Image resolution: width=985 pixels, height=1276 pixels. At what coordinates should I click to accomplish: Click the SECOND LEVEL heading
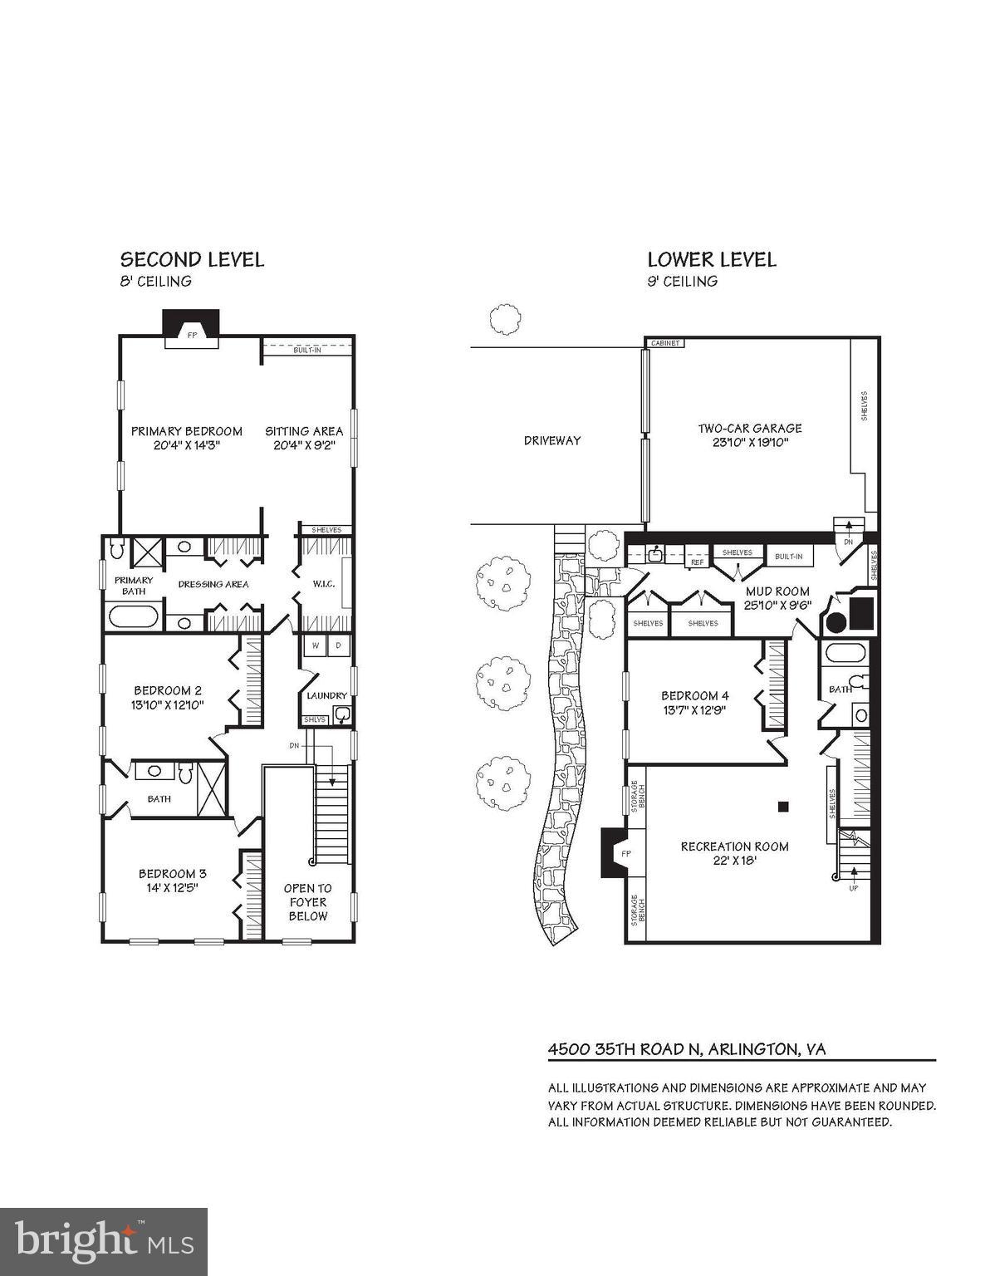[x=192, y=260]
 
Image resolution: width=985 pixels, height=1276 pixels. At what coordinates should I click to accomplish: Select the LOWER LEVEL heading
[x=712, y=260]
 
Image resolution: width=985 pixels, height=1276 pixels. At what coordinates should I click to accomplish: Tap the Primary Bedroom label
[x=187, y=431]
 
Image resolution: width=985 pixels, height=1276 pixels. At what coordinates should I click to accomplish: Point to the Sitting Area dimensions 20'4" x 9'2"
[x=304, y=445]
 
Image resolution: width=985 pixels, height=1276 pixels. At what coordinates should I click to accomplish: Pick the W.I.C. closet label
[x=323, y=584]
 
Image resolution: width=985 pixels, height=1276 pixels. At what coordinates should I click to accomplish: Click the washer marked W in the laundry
[x=316, y=645]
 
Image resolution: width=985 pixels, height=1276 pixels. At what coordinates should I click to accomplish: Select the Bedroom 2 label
[x=169, y=690]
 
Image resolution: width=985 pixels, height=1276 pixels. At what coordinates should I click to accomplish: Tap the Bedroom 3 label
[x=172, y=873]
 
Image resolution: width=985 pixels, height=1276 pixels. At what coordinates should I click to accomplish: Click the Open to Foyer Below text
[x=308, y=902]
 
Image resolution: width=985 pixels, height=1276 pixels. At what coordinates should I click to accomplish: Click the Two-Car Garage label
[x=749, y=429]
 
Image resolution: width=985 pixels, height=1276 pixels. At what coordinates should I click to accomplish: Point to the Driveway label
[x=552, y=440]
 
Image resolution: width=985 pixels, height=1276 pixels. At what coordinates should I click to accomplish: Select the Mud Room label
[x=777, y=591]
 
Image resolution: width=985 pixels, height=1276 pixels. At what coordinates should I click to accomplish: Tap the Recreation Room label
[x=734, y=847]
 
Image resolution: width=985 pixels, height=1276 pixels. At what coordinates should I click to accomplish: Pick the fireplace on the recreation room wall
[x=615, y=852]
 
